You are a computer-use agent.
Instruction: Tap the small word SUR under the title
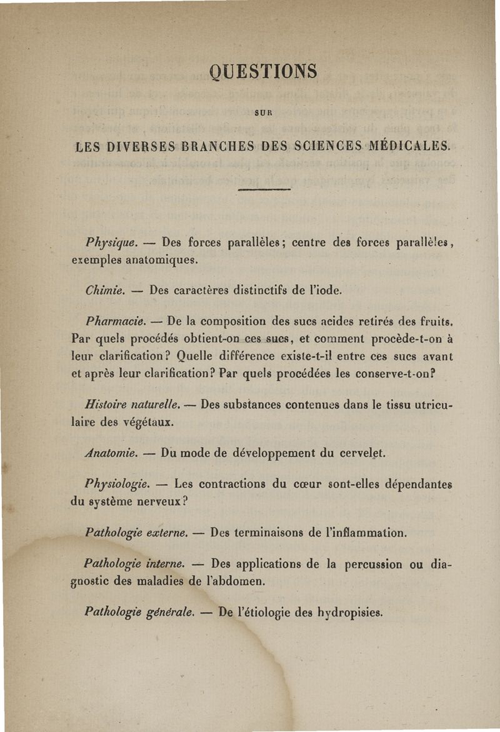pos(262,113)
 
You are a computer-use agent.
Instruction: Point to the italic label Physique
pos(111,242)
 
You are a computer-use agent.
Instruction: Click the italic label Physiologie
pos(117,483)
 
